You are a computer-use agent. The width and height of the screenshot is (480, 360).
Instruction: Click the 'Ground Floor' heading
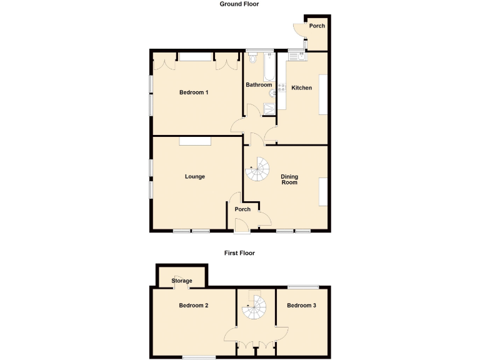click(x=239, y=4)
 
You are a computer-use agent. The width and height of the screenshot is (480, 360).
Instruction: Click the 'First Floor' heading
click(x=239, y=253)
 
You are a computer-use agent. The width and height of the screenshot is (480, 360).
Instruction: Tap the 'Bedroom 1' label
click(x=193, y=92)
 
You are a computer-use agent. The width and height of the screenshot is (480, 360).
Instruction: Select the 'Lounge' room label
click(x=194, y=176)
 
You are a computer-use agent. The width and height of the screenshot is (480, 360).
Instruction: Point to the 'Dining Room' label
click(x=289, y=179)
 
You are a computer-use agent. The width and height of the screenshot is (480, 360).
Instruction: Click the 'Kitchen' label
click(x=301, y=87)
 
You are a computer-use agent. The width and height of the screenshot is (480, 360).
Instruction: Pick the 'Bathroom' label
click(x=258, y=84)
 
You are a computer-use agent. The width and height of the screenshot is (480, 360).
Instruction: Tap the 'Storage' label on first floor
click(x=181, y=281)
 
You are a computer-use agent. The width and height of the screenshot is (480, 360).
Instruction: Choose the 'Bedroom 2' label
click(x=193, y=306)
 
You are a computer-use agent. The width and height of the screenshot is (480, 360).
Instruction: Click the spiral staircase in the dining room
click(x=257, y=167)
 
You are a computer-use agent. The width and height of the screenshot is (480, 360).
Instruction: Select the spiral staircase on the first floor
click(x=254, y=306)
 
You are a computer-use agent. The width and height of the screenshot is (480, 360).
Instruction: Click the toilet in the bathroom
click(x=252, y=60)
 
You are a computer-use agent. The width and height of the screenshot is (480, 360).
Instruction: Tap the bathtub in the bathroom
click(x=269, y=67)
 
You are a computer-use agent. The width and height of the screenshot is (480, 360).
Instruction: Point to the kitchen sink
click(x=297, y=57)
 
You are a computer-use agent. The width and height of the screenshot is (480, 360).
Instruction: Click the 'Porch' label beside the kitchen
click(x=317, y=26)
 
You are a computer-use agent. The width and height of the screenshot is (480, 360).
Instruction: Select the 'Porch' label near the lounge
click(x=242, y=209)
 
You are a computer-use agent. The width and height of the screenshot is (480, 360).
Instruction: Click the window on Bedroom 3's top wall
click(x=304, y=287)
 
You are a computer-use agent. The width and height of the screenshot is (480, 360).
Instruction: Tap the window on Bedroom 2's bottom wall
click(x=199, y=357)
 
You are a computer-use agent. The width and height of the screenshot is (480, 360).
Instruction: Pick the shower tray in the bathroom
click(x=269, y=109)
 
